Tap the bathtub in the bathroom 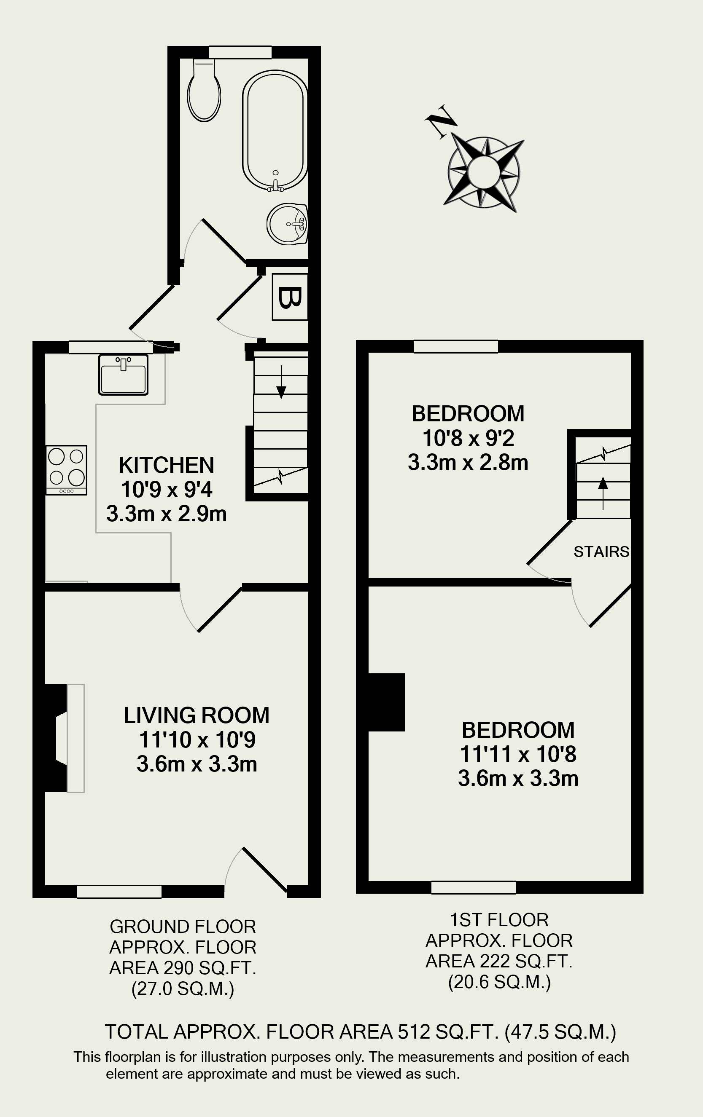coord(275,131)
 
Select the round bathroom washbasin coord(287,224)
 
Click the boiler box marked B coord(290,297)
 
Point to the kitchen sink coord(123,374)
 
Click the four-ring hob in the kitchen coord(66,470)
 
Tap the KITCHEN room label coord(166,465)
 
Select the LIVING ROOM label coord(197,715)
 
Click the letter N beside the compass coord(441,121)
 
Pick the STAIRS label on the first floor coord(601,552)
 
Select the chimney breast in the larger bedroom coord(386,702)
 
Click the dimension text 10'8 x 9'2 coord(468,438)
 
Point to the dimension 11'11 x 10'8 coord(518,754)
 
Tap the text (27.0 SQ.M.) coord(183,988)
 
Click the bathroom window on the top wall coord(240,52)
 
